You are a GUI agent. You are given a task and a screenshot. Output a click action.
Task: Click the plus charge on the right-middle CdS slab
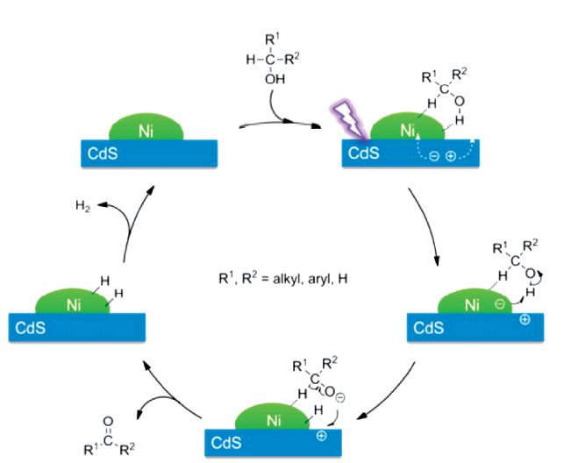(x=525, y=321)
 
